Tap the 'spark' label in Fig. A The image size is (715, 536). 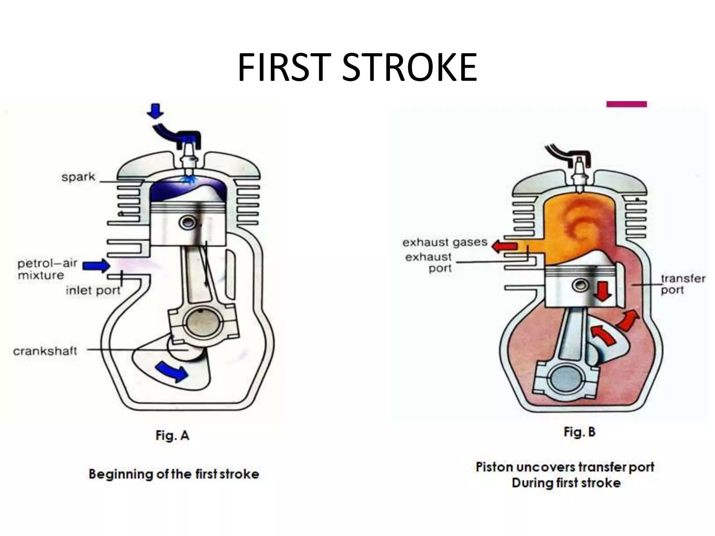click(78, 177)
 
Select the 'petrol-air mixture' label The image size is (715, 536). click(47, 269)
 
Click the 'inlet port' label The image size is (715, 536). click(93, 290)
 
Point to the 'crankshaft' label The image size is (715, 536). click(45, 350)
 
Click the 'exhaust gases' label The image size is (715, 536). click(445, 242)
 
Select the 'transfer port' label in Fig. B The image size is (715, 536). click(683, 284)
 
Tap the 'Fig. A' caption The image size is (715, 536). click(172, 435)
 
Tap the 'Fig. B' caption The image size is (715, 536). click(579, 432)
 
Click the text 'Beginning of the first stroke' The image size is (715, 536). click(174, 474)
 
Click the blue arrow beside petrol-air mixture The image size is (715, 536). click(96, 266)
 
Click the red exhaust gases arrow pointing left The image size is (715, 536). click(504, 246)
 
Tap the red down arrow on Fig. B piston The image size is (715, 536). click(603, 291)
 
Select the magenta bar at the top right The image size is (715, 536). click(626, 104)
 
